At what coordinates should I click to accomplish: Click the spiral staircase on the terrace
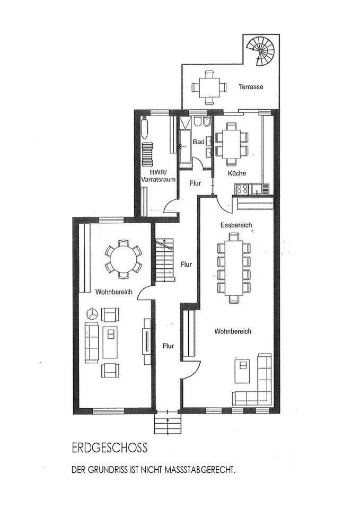[x=264, y=50]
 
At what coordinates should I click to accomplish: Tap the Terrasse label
[x=250, y=86]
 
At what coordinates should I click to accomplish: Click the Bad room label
[x=198, y=142]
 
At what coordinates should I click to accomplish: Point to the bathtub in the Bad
[x=185, y=146]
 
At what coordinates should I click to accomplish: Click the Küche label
[x=236, y=173]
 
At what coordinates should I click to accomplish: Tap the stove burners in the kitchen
[x=242, y=188]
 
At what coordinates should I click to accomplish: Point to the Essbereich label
[x=236, y=225]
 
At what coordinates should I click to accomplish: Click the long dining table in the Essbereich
[x=233, y=268]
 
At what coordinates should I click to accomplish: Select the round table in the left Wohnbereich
[x=123, y=259]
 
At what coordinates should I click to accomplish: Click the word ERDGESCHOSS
[x=109, y=448]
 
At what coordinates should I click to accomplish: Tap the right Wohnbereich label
[x=233, y=331]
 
